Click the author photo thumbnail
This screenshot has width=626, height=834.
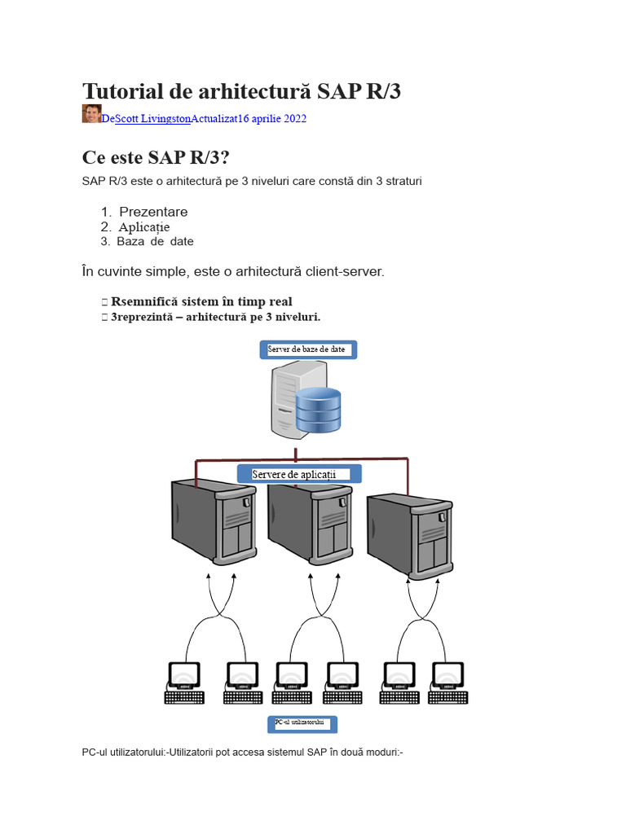[x=91, y=114]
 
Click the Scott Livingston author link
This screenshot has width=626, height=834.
[x=152, y=119]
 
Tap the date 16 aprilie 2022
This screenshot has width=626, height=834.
[x=272, y=119]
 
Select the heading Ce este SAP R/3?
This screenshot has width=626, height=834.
[x=156, y=157]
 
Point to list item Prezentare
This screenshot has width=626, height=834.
[x=153, y=212]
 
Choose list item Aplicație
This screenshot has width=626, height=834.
[x=144, y=227]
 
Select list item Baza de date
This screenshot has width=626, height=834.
[x=155, y=241]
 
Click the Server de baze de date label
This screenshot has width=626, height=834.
[x=308, y=349]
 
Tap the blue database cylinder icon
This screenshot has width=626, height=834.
[x=319, y=410]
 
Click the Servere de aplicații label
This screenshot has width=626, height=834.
[x=299, y=474]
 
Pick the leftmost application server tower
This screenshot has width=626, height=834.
[x=214, y=522]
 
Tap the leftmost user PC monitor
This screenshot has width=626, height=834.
[x=184, y=675]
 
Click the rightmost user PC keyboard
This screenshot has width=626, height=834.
[x=447, y=697]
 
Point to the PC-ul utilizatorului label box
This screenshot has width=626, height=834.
[x=302, y=724]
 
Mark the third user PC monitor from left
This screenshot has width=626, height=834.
[x=292, y=675]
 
